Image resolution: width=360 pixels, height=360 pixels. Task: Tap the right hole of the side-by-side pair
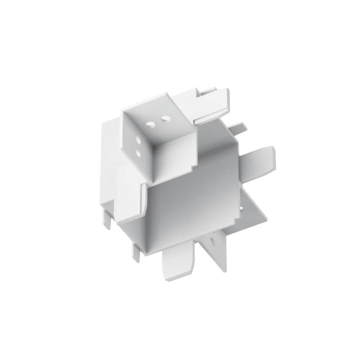(166, 119)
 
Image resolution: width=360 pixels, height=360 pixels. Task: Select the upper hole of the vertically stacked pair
(137, 139)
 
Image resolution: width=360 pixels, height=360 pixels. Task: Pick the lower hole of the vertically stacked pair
(137, 153)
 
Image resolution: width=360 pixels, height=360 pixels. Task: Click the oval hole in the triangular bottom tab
(212, 240)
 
